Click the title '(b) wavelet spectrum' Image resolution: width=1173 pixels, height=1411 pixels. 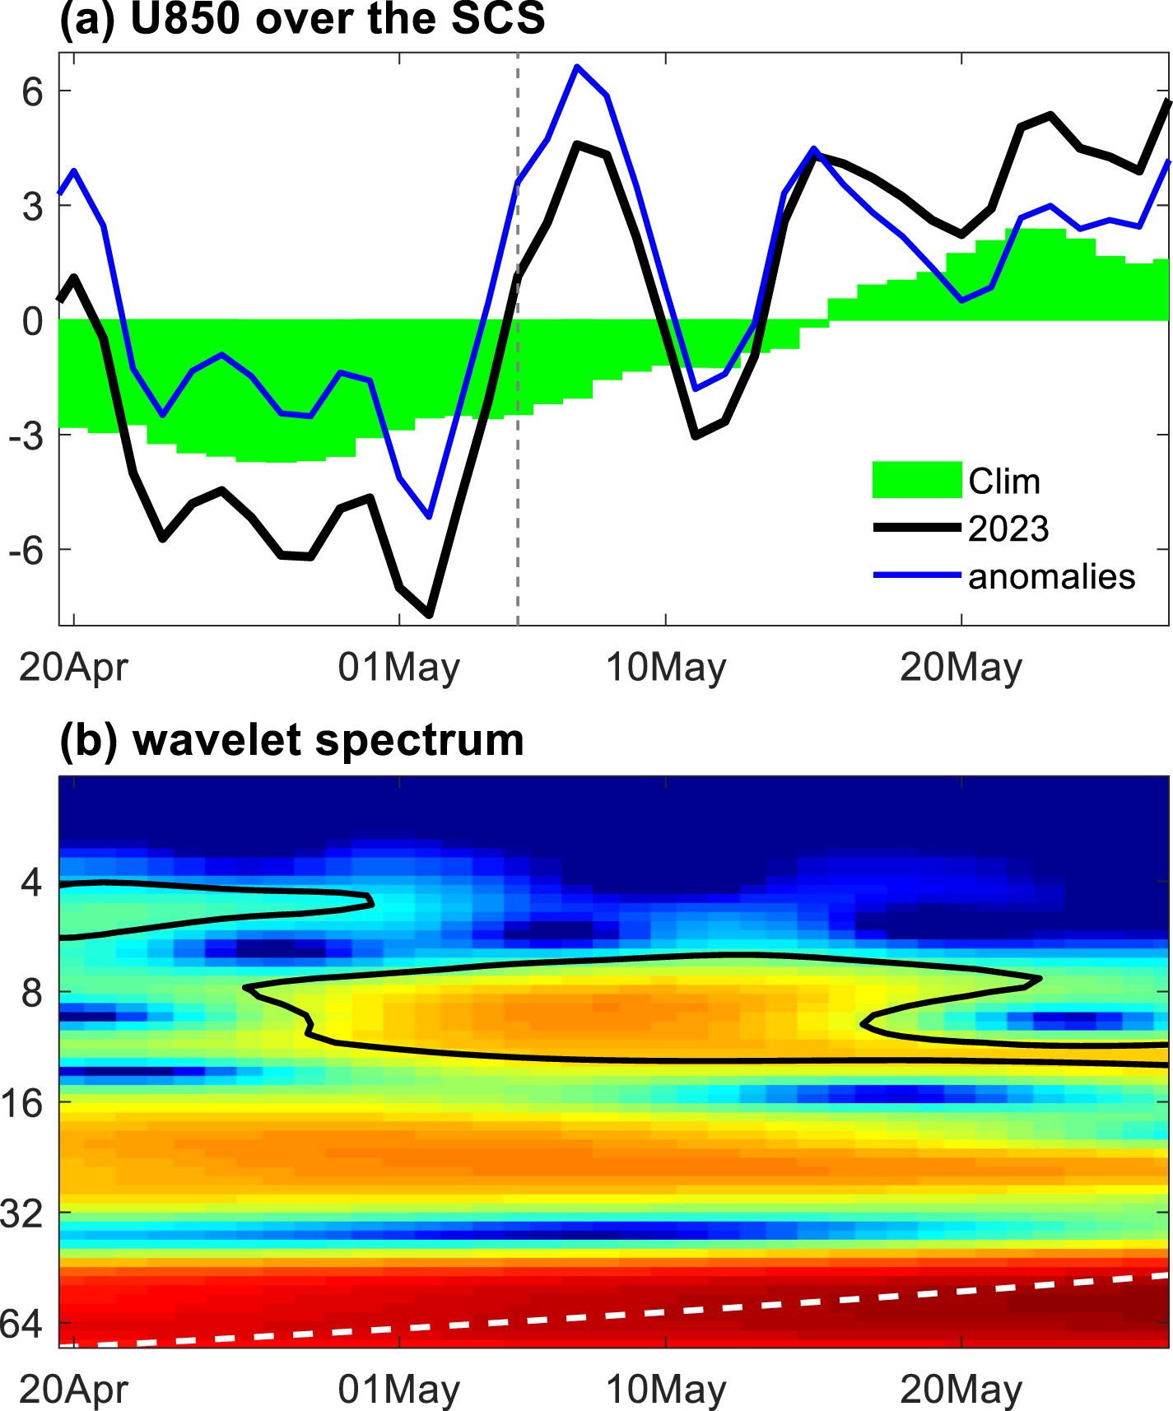click(291, 739)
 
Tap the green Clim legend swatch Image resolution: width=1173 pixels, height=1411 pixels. click(916, 480)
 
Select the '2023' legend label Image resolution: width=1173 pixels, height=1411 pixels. click(1008, 529)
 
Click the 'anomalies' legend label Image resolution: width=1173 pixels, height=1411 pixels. click(1051, 576)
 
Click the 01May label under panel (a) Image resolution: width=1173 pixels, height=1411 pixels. click(398, 667)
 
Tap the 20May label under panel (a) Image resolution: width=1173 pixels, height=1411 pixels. click(961, 667)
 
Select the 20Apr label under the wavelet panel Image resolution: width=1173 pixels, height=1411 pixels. click(73, 1390)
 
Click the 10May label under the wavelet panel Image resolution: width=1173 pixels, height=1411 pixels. click(666, 1390)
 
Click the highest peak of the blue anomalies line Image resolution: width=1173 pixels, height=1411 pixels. click(577, 67)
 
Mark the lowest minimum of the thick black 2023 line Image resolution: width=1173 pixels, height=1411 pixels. click(430, 614)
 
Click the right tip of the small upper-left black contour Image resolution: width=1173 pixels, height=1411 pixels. click(372, 903)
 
